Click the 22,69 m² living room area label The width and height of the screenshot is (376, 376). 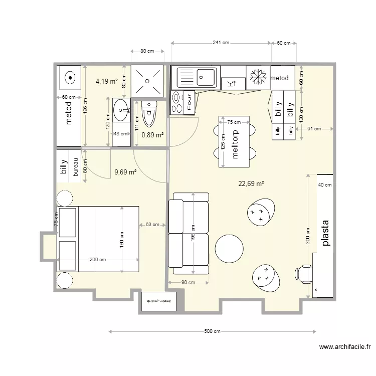click(x=251, y=183)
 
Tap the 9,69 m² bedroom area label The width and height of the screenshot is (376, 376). click(x=125, y=172)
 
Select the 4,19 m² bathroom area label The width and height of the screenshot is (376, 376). click(x=107, y=80)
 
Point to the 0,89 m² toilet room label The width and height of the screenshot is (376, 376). click(x=152, y=135)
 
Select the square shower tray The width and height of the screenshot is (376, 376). click(x=147, y=80)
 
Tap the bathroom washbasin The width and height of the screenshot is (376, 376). click(x=121, y=110)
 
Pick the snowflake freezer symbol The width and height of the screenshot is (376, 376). click(x=258, y=77)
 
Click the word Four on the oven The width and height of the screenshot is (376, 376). click(x=190, y=102)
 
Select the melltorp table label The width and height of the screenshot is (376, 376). click(x=234, y=145)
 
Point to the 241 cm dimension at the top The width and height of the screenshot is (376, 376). click(x=221, y=43)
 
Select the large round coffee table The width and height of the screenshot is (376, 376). click(x=229, y=249)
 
